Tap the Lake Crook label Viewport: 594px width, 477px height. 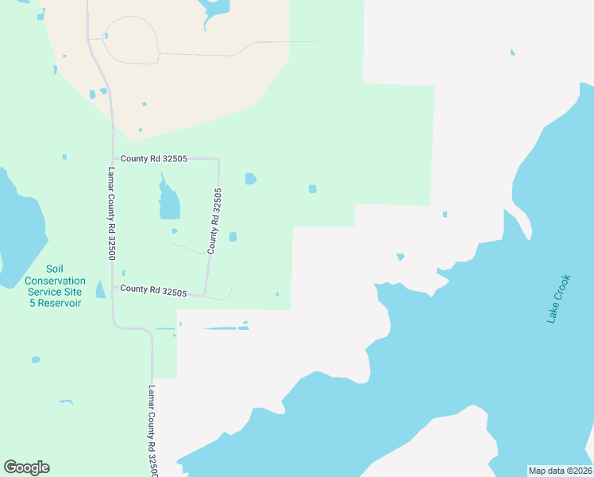[x=558, y=299]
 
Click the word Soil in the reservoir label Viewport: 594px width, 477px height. [x=55, y=270]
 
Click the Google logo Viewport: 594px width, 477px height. [x=26, y=467]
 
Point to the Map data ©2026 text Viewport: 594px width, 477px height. [x=561, y=470]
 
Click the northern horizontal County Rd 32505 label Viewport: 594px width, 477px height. [x=153, y=159]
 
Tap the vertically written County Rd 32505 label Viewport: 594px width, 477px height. [x=214, y=221]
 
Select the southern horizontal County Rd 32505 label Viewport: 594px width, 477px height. [x=153, y=290]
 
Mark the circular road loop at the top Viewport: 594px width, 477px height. [x=131, y=40]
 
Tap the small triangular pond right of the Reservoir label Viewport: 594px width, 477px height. [x=100, y=289]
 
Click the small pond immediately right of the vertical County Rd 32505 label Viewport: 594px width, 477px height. [x=233, y=236]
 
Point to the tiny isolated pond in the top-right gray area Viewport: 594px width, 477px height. [x=512, y=53]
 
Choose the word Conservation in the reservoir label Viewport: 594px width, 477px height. [x=55, y=281]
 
